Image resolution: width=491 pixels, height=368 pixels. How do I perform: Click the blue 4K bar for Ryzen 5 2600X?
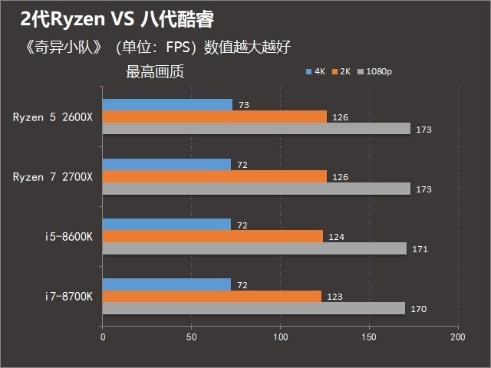[167, 104]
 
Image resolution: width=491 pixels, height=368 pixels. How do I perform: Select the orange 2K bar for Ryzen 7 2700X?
[214, 176]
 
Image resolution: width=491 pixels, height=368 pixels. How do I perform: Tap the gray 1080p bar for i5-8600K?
[254, 248]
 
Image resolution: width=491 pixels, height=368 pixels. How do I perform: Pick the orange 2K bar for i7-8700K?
[212, 296]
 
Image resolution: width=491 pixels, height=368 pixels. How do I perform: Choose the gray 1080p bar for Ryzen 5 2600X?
[256, 129]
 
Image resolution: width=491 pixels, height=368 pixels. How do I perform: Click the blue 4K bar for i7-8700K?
[166, 284]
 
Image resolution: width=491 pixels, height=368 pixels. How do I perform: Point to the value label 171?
[420, 249]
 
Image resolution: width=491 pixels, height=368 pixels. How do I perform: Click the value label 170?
[419, 309]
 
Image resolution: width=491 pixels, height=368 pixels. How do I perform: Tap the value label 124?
[335, 237]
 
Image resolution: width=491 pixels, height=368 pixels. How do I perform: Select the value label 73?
[244, 105]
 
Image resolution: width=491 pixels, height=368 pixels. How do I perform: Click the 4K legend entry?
[315, 72]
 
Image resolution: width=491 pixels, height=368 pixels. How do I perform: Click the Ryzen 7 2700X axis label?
[52, 177]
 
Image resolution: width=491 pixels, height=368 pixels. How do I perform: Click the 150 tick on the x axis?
[370, 337]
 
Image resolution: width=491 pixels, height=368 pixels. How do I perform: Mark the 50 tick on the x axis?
[191, 337]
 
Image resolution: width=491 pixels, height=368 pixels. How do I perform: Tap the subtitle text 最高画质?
[154, 73]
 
